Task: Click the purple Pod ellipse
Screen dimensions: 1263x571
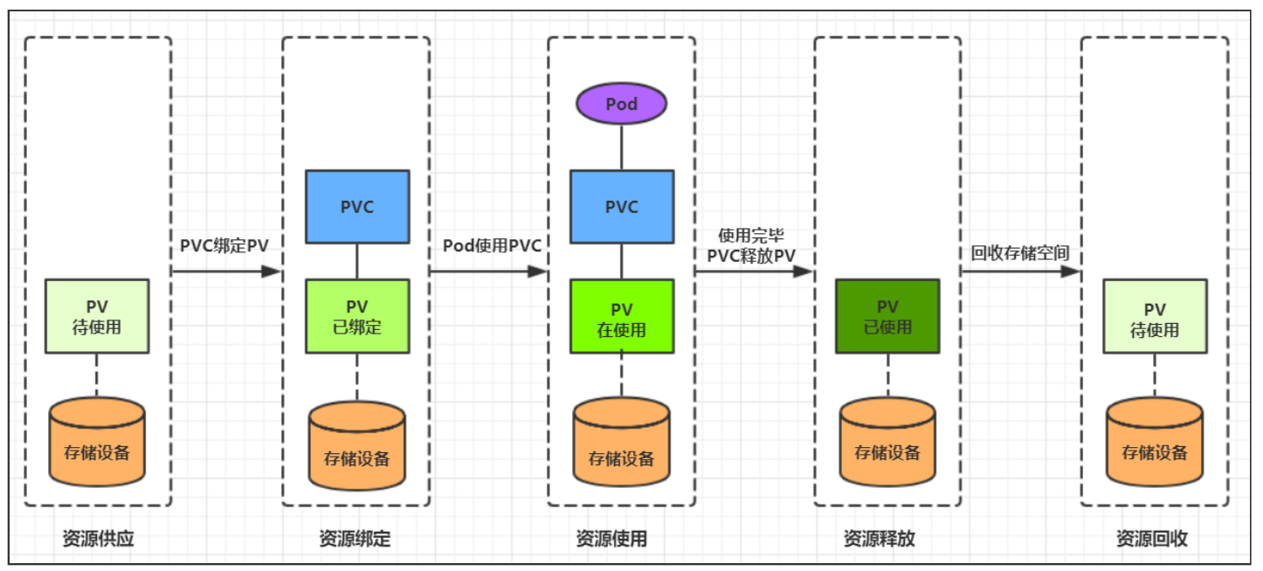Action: tap(621, 104)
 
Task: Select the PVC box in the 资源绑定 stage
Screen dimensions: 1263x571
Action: tap(357, 207)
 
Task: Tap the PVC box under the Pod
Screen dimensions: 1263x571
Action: tap(622, 207)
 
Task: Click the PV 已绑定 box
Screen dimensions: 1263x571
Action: tap(357, 316)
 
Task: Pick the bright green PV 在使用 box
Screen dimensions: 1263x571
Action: tap(622, 316)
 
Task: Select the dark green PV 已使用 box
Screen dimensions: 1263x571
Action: tap(887, 316)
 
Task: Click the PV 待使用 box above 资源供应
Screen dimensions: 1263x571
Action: tap(97, 316)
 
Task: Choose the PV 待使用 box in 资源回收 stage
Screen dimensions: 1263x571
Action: tap(1155, 316)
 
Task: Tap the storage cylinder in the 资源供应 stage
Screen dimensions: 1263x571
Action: tap(97, 442)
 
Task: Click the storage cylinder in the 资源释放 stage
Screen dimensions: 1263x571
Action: tap(887, 442)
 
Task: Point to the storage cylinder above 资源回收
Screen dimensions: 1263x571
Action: tap(1155, 442)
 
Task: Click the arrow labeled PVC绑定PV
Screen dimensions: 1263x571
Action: tap(226, 272)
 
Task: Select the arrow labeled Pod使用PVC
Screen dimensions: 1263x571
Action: tap(488, 272)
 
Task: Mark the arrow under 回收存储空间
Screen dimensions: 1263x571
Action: tap(1020, 272)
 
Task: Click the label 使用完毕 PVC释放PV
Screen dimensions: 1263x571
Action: tap(751, 245)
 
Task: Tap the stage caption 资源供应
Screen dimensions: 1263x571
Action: tap(98, 539)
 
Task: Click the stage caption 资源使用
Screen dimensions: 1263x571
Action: tap(611, 539)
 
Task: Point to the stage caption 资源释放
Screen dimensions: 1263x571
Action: tap(879, 539)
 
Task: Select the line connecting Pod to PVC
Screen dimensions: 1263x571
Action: tap(622, 148)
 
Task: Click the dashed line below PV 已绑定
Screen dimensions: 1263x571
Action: tap(357, 377)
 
